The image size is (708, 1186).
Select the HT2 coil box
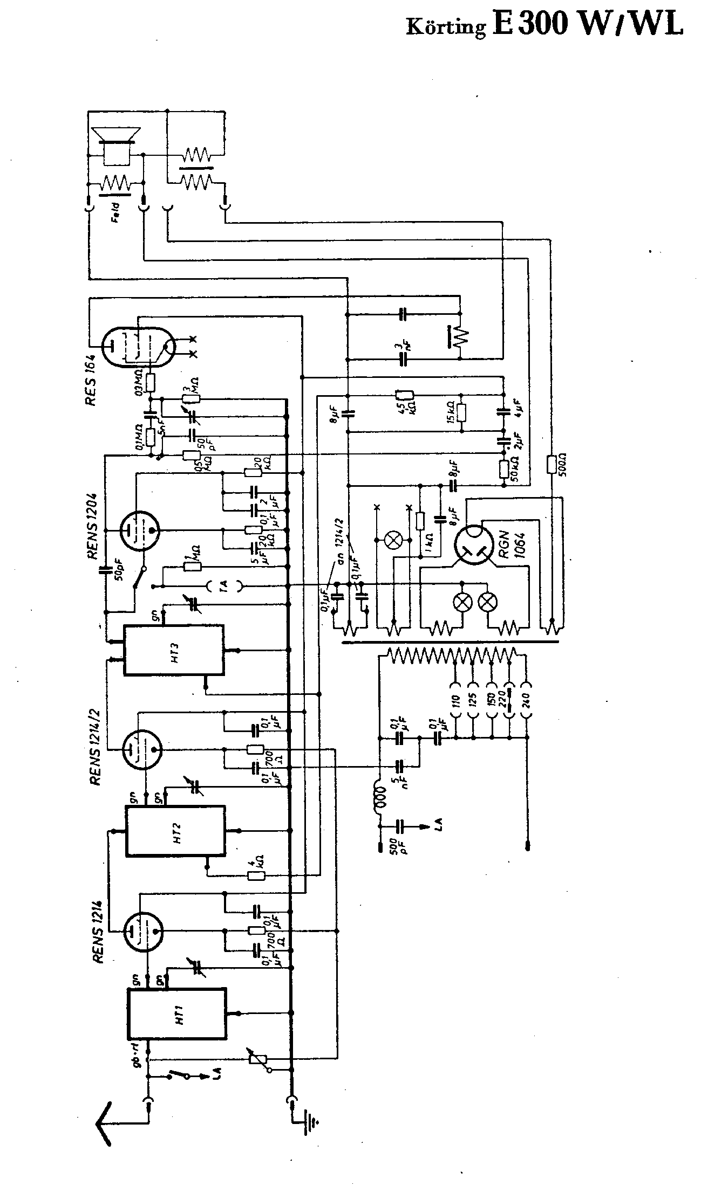176,830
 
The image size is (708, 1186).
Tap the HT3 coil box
174,650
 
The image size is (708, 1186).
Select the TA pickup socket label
224,586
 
